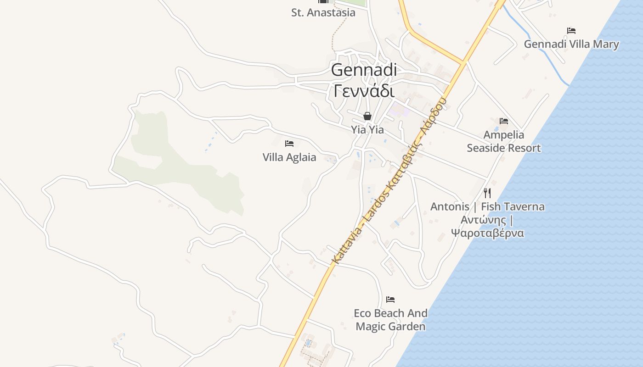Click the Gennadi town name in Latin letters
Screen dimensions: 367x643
click(364, 70)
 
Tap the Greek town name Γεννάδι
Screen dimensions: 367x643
click(364, 90)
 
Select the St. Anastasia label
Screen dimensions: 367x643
click(323, 12)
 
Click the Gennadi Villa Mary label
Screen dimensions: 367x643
click(571, 44)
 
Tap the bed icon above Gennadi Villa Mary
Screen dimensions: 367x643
click(571, 31)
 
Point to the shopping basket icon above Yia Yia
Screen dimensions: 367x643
click(367, 116)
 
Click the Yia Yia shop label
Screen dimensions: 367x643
click(367, 130)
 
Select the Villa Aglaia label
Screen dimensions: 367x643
click(289, 157)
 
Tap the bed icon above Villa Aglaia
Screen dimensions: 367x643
click(289, 144)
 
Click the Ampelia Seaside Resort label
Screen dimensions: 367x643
click(504, 141)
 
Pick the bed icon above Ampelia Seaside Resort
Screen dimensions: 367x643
click(504, 121)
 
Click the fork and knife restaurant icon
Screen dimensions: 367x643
click(487, 193)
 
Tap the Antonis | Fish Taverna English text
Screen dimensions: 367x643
click(487, 206)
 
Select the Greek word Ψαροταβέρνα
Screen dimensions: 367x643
click(487, 233)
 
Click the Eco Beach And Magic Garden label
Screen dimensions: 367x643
click(390, 320)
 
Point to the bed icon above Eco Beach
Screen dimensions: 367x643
click(390, 300)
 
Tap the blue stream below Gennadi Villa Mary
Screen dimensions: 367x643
click(547, 57)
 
